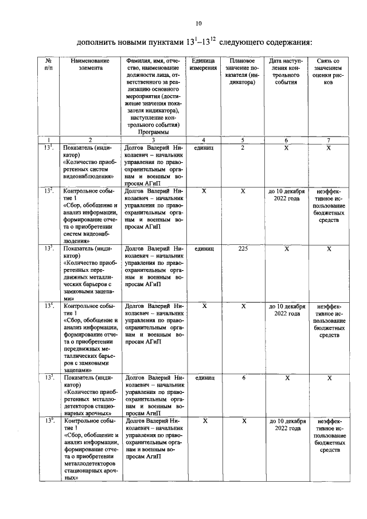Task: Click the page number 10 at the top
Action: [198, 24]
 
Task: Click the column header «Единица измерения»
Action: [204, 64]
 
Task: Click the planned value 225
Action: [243, 248]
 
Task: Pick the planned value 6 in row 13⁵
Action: [243, 378]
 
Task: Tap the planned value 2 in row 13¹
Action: [243, 148]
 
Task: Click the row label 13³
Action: [50, 248]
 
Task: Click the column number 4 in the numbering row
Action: [204, 139]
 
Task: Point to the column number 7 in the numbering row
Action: [329, 139]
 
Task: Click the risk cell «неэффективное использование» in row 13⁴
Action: [329, 321]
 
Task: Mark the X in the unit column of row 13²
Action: [204, 191]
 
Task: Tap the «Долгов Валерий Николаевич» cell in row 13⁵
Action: [154, 395]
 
